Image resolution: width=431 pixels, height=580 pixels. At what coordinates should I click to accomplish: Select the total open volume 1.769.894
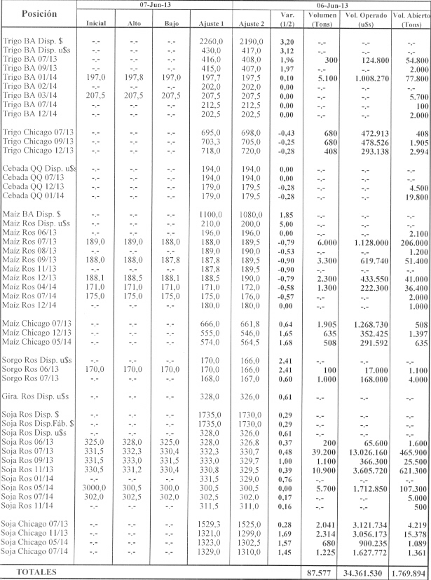411,572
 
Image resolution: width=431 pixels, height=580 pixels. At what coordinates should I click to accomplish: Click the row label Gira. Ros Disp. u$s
38,396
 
